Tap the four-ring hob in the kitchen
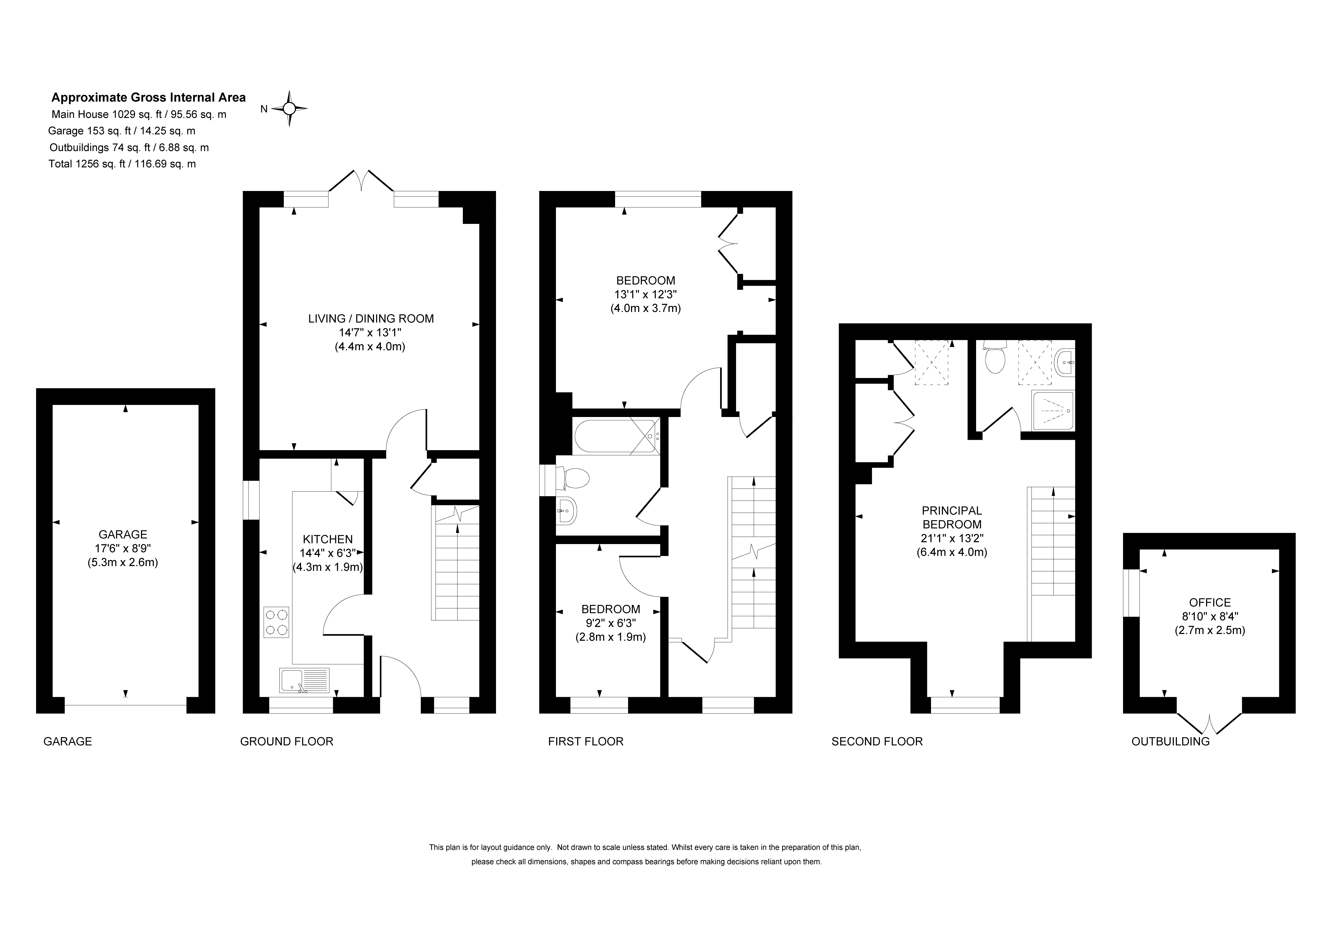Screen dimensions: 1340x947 (x=277, y=622)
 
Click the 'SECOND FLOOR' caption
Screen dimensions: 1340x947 (x=877, y=741)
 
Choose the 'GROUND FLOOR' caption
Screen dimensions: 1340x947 (x=286, y=741)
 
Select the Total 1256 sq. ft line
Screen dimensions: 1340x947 (x=123, y=164)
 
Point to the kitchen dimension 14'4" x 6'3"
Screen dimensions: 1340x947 (x=328, y=553)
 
